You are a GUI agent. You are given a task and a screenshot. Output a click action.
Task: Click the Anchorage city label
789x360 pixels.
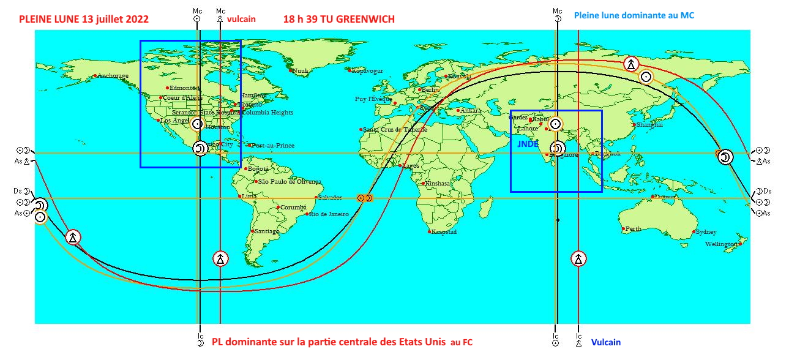pyautogui.click(x=113, y=76)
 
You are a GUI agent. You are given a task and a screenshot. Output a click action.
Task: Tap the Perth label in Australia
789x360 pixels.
pyautogui.click(x=634, y=229)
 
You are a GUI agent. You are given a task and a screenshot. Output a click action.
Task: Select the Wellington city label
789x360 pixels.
pyautogui.click(x=722, y=244)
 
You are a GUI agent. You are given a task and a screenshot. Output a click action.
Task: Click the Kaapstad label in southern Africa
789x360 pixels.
pyautogui.click(x=444, y=232)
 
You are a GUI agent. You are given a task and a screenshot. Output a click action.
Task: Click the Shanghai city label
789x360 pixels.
pyautogui.click(x=649, y=124)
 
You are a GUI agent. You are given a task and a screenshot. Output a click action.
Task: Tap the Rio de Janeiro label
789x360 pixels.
pyautogui.click(x=329, y=214)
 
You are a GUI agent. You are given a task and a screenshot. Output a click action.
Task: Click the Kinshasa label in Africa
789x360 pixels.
pyautogui.click(x=437, y=183)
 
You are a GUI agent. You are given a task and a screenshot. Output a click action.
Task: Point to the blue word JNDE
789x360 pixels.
pyautogui.click(x=528, y=144)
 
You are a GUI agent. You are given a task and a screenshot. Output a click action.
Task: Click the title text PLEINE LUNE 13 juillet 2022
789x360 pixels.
pyautogui.click(x=84, y=20)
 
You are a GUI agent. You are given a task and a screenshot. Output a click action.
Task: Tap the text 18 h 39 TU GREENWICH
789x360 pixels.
pyautogui.click(x=338, y=20)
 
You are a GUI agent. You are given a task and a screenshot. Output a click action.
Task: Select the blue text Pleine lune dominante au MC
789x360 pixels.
pyautogui.click(x=634, y=15)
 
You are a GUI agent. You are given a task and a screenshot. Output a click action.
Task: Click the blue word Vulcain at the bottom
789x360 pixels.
pyautogui.click(x=605, y=343)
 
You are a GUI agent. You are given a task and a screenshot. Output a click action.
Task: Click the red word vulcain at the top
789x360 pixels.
pyautogui.click(x=241, y=19)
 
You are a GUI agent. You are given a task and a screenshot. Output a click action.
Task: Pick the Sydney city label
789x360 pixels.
pyautogui.click(x=706, y=232)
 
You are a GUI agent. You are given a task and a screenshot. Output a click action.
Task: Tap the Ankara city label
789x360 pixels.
pyautogui.click(x=470, y=111)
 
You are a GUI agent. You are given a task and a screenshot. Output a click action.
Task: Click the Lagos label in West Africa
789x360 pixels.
pyautogui.click(x=411, y=166)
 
